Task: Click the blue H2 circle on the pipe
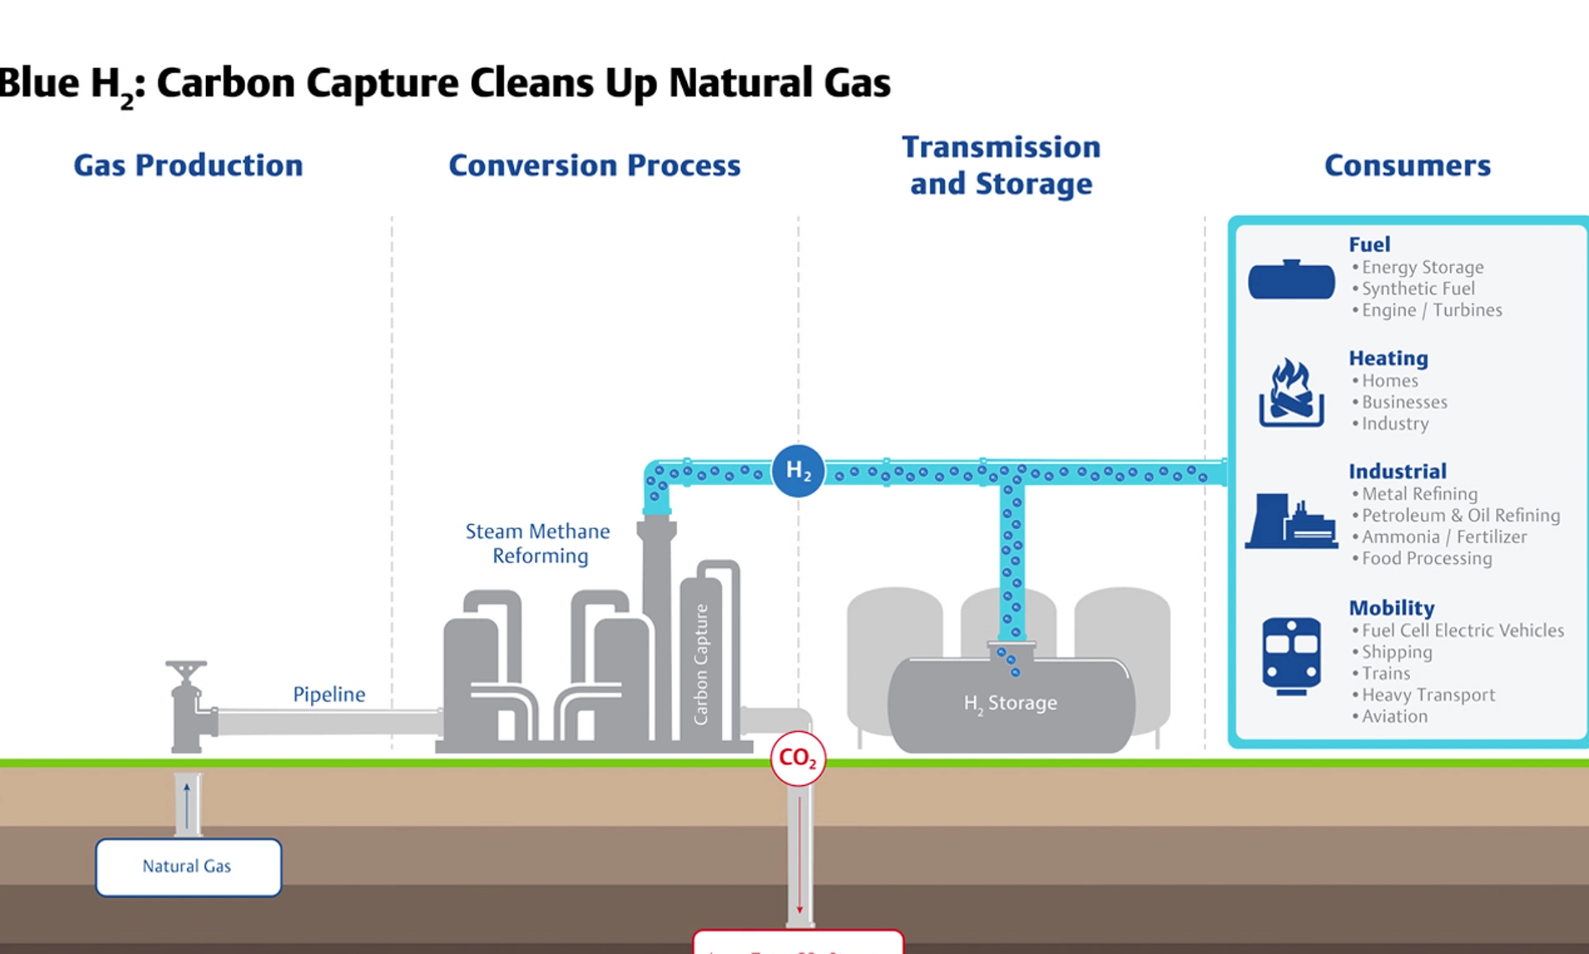click(798, 470)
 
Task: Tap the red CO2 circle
click(798, 758)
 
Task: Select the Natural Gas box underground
click(188, 867)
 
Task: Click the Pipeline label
click(329, 694)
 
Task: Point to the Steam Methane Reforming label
click(538, 543)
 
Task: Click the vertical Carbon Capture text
click(701, 664)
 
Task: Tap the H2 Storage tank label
click(1010, 703)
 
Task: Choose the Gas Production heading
click(188, 166)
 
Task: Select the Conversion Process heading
click(594, 166)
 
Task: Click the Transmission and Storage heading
click(1001, 166)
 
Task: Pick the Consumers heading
click(1407, 166)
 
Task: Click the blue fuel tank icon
click(1291, 280)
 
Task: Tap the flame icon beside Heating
click(1291, 393)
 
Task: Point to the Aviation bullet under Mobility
click(1395, 716)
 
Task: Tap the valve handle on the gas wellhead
click(186, 665)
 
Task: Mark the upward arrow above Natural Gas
click(187, 804)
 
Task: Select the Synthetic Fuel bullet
click(1418, 288)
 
